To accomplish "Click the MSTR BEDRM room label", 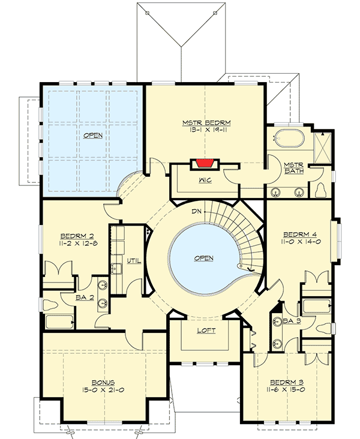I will (x=207, y=123).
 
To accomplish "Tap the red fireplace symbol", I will (x=204, y=164).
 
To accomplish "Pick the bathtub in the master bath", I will (x=289, y=139).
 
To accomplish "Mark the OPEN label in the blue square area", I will (x=92, y=135).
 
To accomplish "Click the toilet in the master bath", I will (x=320, y=190).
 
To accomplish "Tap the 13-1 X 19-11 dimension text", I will (x=207, y=131).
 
